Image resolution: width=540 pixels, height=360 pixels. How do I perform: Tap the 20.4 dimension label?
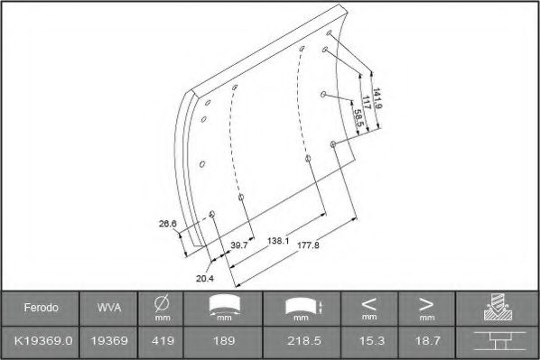(205, 278)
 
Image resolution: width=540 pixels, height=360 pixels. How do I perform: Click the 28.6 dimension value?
(167, 222)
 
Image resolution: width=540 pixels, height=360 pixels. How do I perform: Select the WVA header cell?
(105, 308)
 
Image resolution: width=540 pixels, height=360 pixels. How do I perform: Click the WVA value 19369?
(105, 341)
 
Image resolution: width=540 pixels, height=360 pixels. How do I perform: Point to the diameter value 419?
(163, 341)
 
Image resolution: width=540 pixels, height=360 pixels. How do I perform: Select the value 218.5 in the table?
(299, 341)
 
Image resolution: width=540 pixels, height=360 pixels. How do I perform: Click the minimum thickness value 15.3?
(368, 341)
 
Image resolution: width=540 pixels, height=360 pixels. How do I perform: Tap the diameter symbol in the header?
(163, 303)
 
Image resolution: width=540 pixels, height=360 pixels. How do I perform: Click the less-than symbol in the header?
(368, 303)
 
